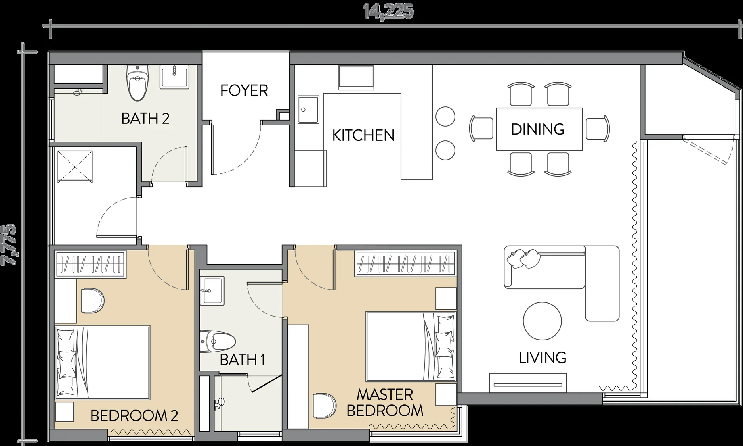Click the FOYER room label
tap(244, 90)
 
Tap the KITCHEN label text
tap(363, 135)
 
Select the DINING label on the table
tap(538, 129)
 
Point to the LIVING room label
tap(542, 357)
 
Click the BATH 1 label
tap(242, 359)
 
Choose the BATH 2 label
tap(145, 119)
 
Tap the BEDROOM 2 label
tap(134, 415)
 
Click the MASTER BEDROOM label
tap(385, 402)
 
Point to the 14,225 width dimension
tap(388, 12)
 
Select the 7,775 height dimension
tap(9, 245)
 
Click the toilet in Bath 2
tap(137, 83)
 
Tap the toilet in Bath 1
tap(218, 341)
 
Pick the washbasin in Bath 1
tap(212, 290)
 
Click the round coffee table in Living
tap(542, 321)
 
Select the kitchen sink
tap(309, 109)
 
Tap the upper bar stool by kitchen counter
tap(446, 117)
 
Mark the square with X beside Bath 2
tap(75, 167)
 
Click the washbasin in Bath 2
tap(174, 77)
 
